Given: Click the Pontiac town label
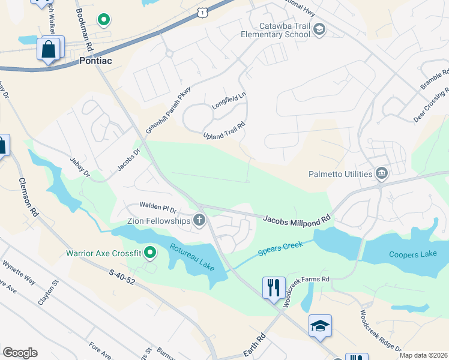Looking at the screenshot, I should click(95, 61).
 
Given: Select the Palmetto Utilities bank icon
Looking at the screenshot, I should click(381, 175).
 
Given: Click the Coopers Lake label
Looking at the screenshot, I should click(412, 254).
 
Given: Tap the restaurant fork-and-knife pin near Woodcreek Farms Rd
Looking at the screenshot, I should click(274, 287).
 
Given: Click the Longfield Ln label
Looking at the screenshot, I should click(229, 101).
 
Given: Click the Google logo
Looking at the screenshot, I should click(20, 352).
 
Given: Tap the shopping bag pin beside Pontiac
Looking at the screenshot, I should click(49, 49).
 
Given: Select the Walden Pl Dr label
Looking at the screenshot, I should click(157, 208).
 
